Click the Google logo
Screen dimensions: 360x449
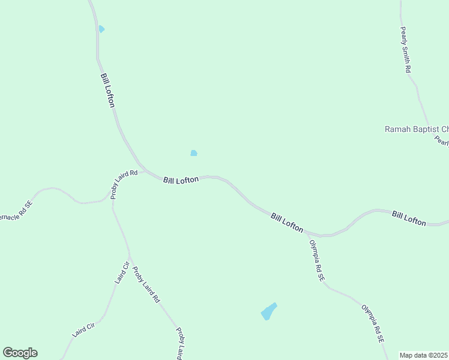click(20, 353)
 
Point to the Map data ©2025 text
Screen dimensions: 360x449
click(424, 355)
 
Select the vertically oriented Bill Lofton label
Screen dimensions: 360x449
click(107, 91)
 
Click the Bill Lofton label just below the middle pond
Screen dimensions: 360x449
click(181, 179)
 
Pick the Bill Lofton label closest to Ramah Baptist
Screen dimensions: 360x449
click(409, 218)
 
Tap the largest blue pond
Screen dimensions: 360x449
click(268, 311)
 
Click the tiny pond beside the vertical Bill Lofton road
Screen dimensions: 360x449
click(101, 29)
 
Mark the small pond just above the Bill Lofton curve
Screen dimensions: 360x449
click(194, 153)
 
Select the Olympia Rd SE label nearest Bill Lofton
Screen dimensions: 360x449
click(316, 261)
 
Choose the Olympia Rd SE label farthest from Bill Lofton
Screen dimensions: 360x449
click(372, 324)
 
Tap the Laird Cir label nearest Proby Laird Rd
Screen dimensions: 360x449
click(122, 273)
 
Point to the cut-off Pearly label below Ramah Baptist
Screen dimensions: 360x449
click(442, 142)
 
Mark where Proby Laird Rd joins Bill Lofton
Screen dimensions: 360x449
click(142, 167)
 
